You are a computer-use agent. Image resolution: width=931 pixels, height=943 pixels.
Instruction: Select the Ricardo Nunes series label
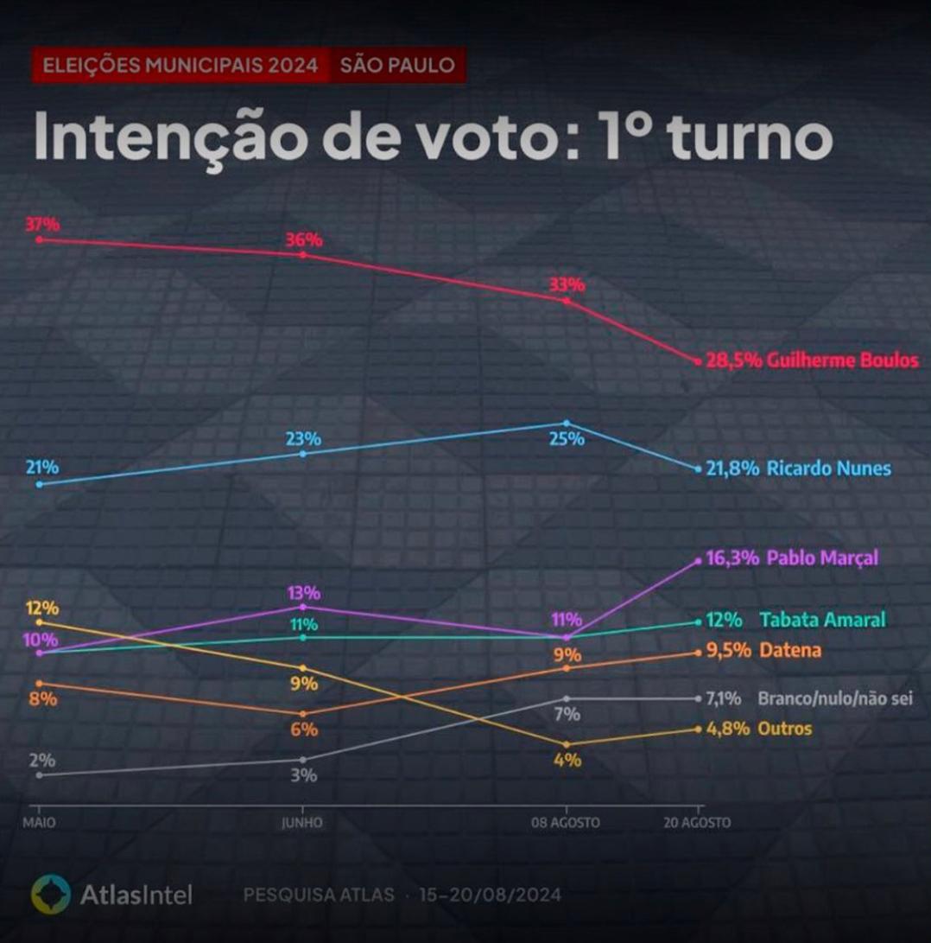(x=827, y=468)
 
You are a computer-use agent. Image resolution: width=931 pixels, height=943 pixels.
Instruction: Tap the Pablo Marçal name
(x=821, y=558)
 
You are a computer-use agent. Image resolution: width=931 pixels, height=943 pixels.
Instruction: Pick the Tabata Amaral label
(x=823, y=620)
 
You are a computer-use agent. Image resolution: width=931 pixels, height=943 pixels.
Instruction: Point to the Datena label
(x=790, y=651)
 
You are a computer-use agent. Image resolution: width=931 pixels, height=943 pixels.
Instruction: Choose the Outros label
(x=784, y=729)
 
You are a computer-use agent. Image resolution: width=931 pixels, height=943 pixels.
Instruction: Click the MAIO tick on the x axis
(x=39, y=823)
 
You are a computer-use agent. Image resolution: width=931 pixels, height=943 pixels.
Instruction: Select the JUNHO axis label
(x=301, y=823)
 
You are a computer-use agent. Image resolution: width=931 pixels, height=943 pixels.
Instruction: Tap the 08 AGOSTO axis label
(x=565, y=823)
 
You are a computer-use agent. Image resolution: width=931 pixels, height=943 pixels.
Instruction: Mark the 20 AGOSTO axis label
(x=696, y=823)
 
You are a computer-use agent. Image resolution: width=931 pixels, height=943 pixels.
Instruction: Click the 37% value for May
(x=42, y=225)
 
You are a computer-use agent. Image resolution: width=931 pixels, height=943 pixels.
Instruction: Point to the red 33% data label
(x=567, y=284)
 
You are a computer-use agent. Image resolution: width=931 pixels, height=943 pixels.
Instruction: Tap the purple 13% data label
(x=304, y=593)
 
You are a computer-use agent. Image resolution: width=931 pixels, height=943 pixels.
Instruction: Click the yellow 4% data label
(x=567, y=761)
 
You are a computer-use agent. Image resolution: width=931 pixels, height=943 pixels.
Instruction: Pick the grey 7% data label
(x=567, y=714)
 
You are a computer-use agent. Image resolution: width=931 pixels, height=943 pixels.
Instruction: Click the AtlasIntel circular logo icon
(x=50, y=895)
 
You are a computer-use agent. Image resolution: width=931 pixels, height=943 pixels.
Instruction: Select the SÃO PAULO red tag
(x=397, y=66)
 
